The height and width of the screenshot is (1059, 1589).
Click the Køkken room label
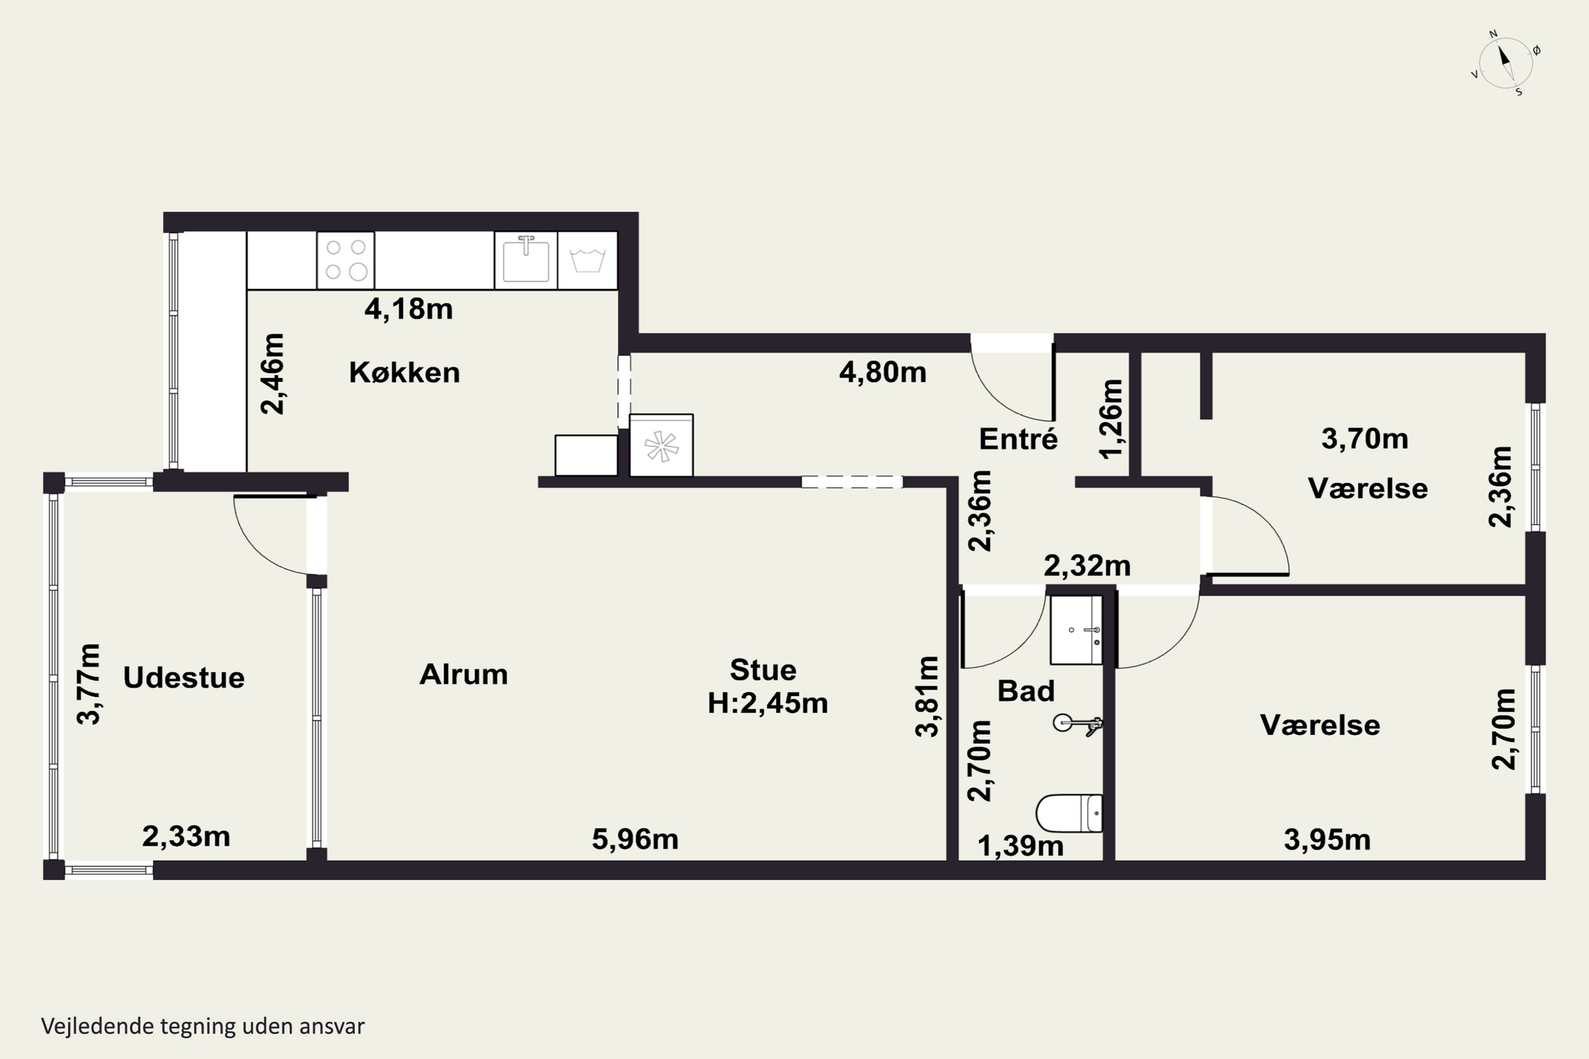404,372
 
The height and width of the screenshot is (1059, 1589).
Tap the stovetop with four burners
346,261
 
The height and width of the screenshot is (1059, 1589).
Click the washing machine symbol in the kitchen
587,261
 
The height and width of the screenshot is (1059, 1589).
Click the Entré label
1018,438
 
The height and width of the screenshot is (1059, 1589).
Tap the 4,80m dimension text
883,372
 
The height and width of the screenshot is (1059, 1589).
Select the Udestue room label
184,677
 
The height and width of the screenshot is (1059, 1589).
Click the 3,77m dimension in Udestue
88,684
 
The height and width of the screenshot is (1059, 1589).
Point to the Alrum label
463,674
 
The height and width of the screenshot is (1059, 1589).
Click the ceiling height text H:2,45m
767,703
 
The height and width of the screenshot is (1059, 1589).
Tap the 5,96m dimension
635,839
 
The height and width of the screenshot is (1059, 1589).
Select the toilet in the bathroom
1069,813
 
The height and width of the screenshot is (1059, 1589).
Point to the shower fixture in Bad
1077,724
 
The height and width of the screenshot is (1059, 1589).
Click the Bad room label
1025,691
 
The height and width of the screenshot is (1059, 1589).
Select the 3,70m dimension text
1365,439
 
